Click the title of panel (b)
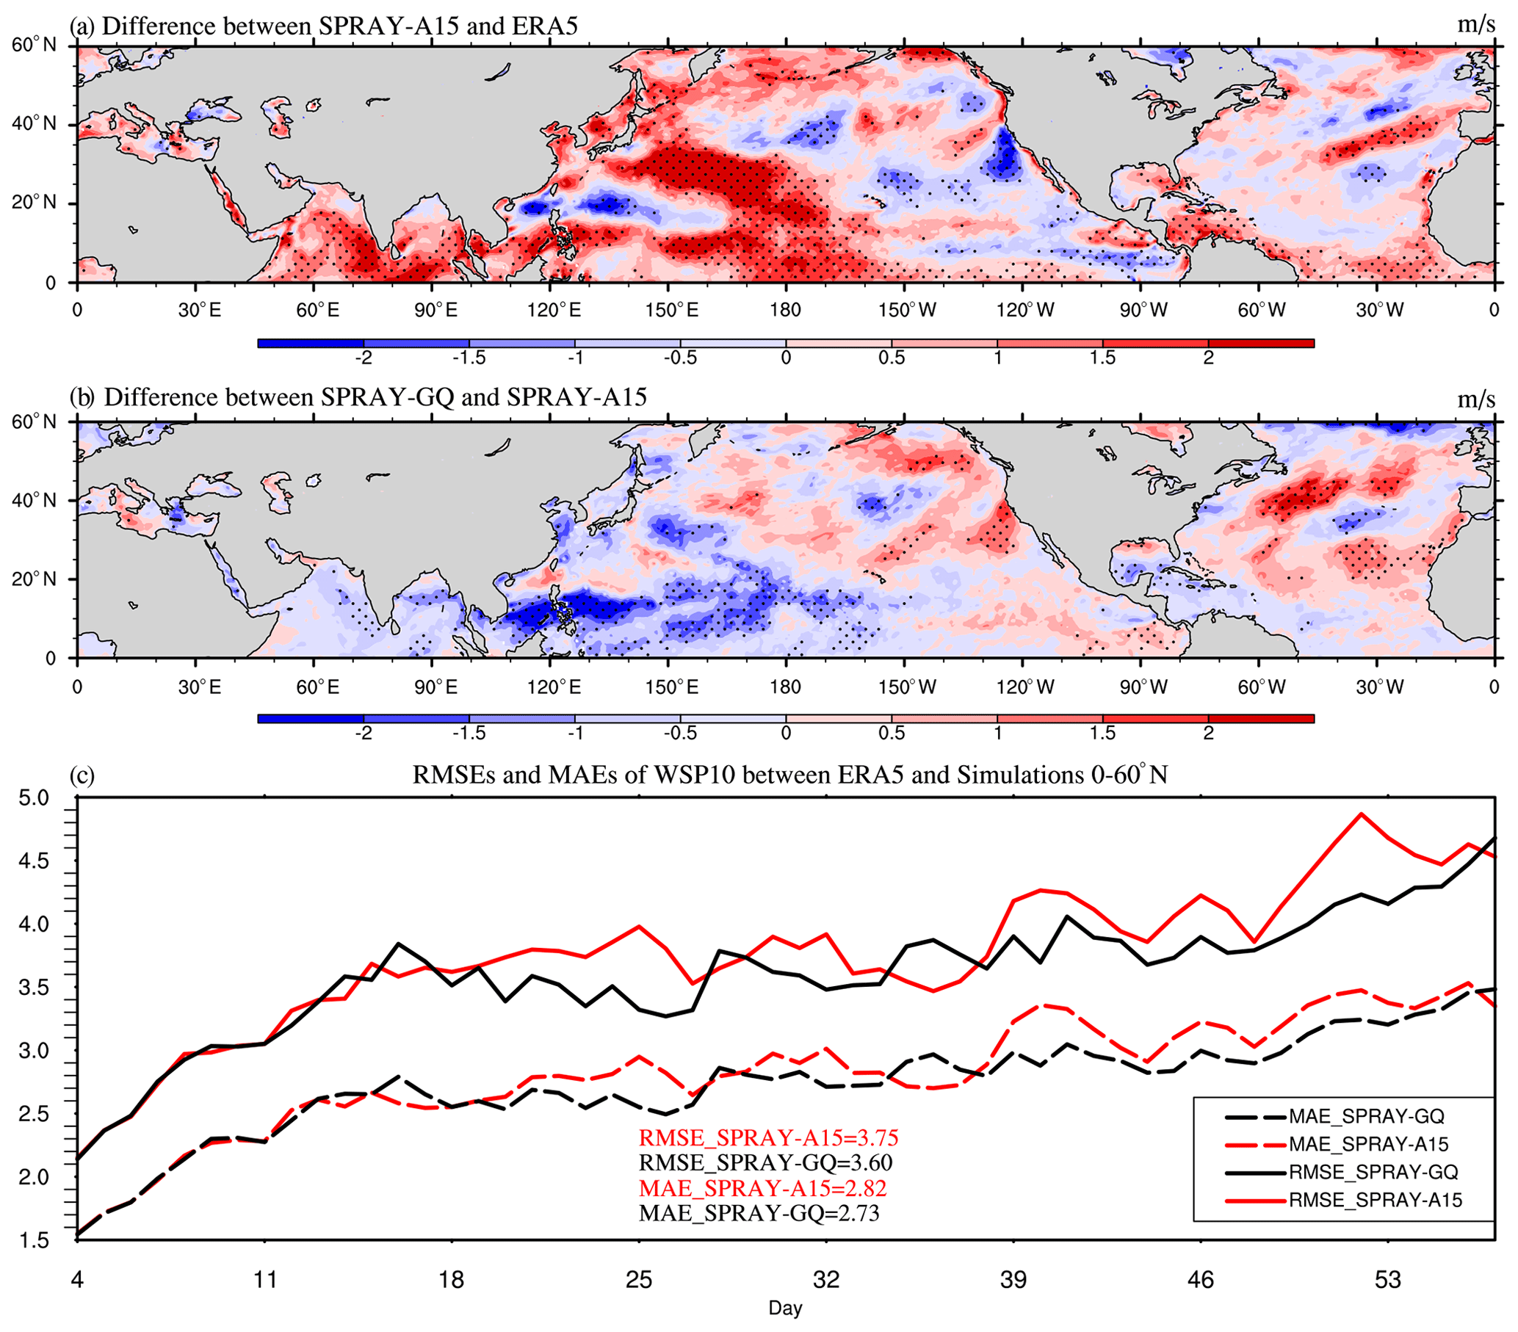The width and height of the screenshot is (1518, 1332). tap(358, 397)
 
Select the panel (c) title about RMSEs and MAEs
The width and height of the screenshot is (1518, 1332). tap(789, 775)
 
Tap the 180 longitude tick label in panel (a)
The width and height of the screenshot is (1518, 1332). tap(786, 311)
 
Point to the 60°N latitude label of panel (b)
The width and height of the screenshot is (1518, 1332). tap(35, 422)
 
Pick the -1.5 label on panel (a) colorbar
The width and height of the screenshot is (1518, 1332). tap(469, 358)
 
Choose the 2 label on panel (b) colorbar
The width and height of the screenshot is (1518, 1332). tap(1208, 734)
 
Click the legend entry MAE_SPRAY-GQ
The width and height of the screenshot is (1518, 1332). tap(1366, 1117)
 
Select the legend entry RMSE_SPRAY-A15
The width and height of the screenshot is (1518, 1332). tap(1375, 1201)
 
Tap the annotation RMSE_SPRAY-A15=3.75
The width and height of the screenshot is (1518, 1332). tap(769, 1138)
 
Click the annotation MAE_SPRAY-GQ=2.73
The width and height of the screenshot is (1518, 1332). tap(759, 1213)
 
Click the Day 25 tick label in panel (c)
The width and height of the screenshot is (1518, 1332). tap(639, 1280)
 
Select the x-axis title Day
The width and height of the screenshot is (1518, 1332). tap(785, 1308)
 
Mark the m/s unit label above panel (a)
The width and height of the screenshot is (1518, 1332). tap(1475, 25)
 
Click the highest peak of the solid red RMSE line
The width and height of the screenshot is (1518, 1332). tap(1361, 814)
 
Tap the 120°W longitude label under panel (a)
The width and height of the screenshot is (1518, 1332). tap(1025, 311)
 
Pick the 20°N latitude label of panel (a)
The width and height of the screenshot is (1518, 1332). tap(35, 203)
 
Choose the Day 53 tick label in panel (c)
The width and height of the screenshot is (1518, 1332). tap(1387, 1280)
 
